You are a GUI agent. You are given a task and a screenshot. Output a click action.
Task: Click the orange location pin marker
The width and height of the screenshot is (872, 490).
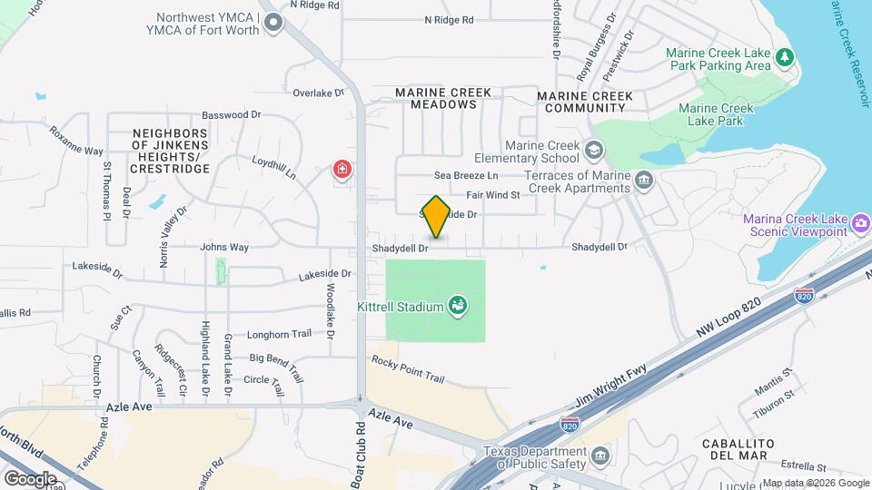pyautogui.click(x=436, y=216)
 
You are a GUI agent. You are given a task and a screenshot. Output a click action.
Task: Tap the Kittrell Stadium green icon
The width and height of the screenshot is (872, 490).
pyautogui.click(x=459, y=306)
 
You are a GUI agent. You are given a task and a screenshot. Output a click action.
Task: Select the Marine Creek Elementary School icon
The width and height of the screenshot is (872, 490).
pyautogui.click(x=593, y=150)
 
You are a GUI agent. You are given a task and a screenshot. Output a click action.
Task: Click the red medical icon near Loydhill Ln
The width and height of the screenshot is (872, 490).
pyautogui.click(x=342, y=170)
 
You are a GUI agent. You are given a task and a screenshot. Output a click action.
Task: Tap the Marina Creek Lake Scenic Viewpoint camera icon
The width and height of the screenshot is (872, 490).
pyautogui.click(x=861, y=223)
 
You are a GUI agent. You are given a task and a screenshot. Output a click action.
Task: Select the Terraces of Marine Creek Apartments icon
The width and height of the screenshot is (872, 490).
pyautogui.click(x=644, y=180)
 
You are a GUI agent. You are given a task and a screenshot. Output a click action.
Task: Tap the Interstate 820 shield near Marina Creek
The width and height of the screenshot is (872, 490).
pyautogui.click(x=803, y=296)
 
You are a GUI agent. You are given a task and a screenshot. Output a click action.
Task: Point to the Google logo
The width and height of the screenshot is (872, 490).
pyautogui.click(x=30, y=478)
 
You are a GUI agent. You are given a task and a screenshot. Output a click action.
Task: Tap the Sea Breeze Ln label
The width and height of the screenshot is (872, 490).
pyautogui.click(x=466, y=175)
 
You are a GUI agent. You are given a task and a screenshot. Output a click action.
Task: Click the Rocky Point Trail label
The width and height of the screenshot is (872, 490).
pyautogui.click(x=408, y=367)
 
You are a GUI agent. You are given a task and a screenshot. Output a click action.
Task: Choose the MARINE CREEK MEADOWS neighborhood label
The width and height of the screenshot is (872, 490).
pyautogui.click(x=443, y=98)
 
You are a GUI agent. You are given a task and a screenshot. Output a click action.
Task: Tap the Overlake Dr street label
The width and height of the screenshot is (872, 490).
pyautogui.click(x=319, y=93)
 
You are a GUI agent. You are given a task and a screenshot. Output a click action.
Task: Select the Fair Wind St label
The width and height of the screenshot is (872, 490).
pyautogui.click(x=492, y=194)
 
